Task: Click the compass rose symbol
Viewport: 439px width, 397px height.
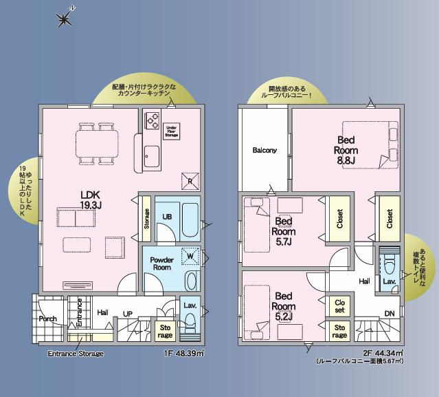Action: click(x=64, y=19)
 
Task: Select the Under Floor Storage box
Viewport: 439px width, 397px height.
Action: click(x=172, y=131)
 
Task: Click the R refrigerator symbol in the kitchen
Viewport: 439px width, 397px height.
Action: click(x=190, y=181)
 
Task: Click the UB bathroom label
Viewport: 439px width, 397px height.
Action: click(x=167, y=217)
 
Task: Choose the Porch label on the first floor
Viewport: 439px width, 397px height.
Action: click(x=47, y=319)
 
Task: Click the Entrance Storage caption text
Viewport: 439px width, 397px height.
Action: click(x=75, y=354)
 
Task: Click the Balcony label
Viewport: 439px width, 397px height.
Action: click(x=264, y=150)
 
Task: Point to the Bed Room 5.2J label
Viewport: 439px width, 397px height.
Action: click(x=284, y=305)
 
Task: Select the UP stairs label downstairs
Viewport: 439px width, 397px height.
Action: click(x=127, y=312)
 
